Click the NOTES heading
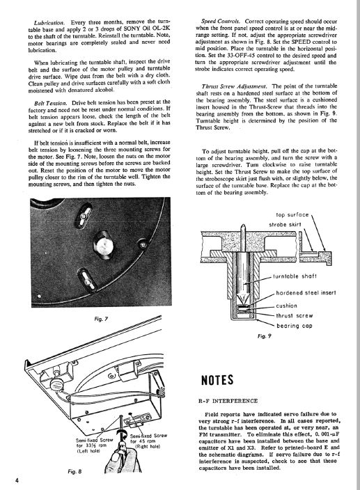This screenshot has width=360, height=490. point(217,380)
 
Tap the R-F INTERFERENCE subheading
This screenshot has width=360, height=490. point(228,401)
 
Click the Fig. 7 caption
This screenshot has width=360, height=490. point(101,319)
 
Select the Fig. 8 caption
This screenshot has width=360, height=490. point(75,471)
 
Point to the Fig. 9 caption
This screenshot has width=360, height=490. point(265,336)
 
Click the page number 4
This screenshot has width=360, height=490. point(18,480)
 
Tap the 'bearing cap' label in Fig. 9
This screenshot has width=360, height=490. point(295,326)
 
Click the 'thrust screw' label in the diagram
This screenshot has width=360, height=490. point(294,315)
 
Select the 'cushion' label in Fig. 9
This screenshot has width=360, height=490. point(287,306)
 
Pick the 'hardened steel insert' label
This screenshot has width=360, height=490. point(306,293)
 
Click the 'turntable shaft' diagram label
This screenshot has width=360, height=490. point(295,276)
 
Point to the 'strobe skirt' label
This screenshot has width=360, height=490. point(285,225)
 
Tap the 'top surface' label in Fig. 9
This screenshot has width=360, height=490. point(292,214)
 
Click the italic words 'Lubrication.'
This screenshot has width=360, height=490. point(49,23)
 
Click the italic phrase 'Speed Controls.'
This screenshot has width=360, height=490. point(221,22)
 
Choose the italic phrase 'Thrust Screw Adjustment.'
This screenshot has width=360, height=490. point(234,86)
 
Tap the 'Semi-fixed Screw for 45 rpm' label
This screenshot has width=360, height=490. point(148,441)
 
